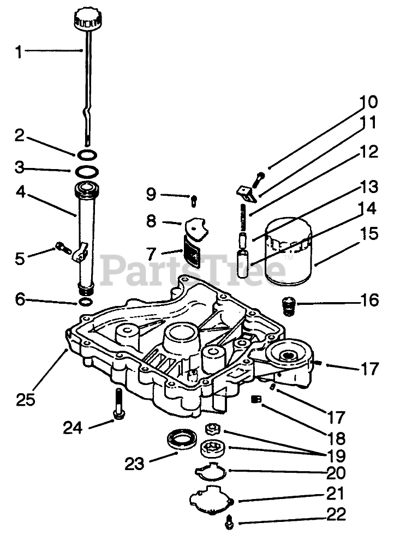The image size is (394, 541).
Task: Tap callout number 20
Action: coord(337,472)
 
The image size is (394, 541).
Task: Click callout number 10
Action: coord(368,102)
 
